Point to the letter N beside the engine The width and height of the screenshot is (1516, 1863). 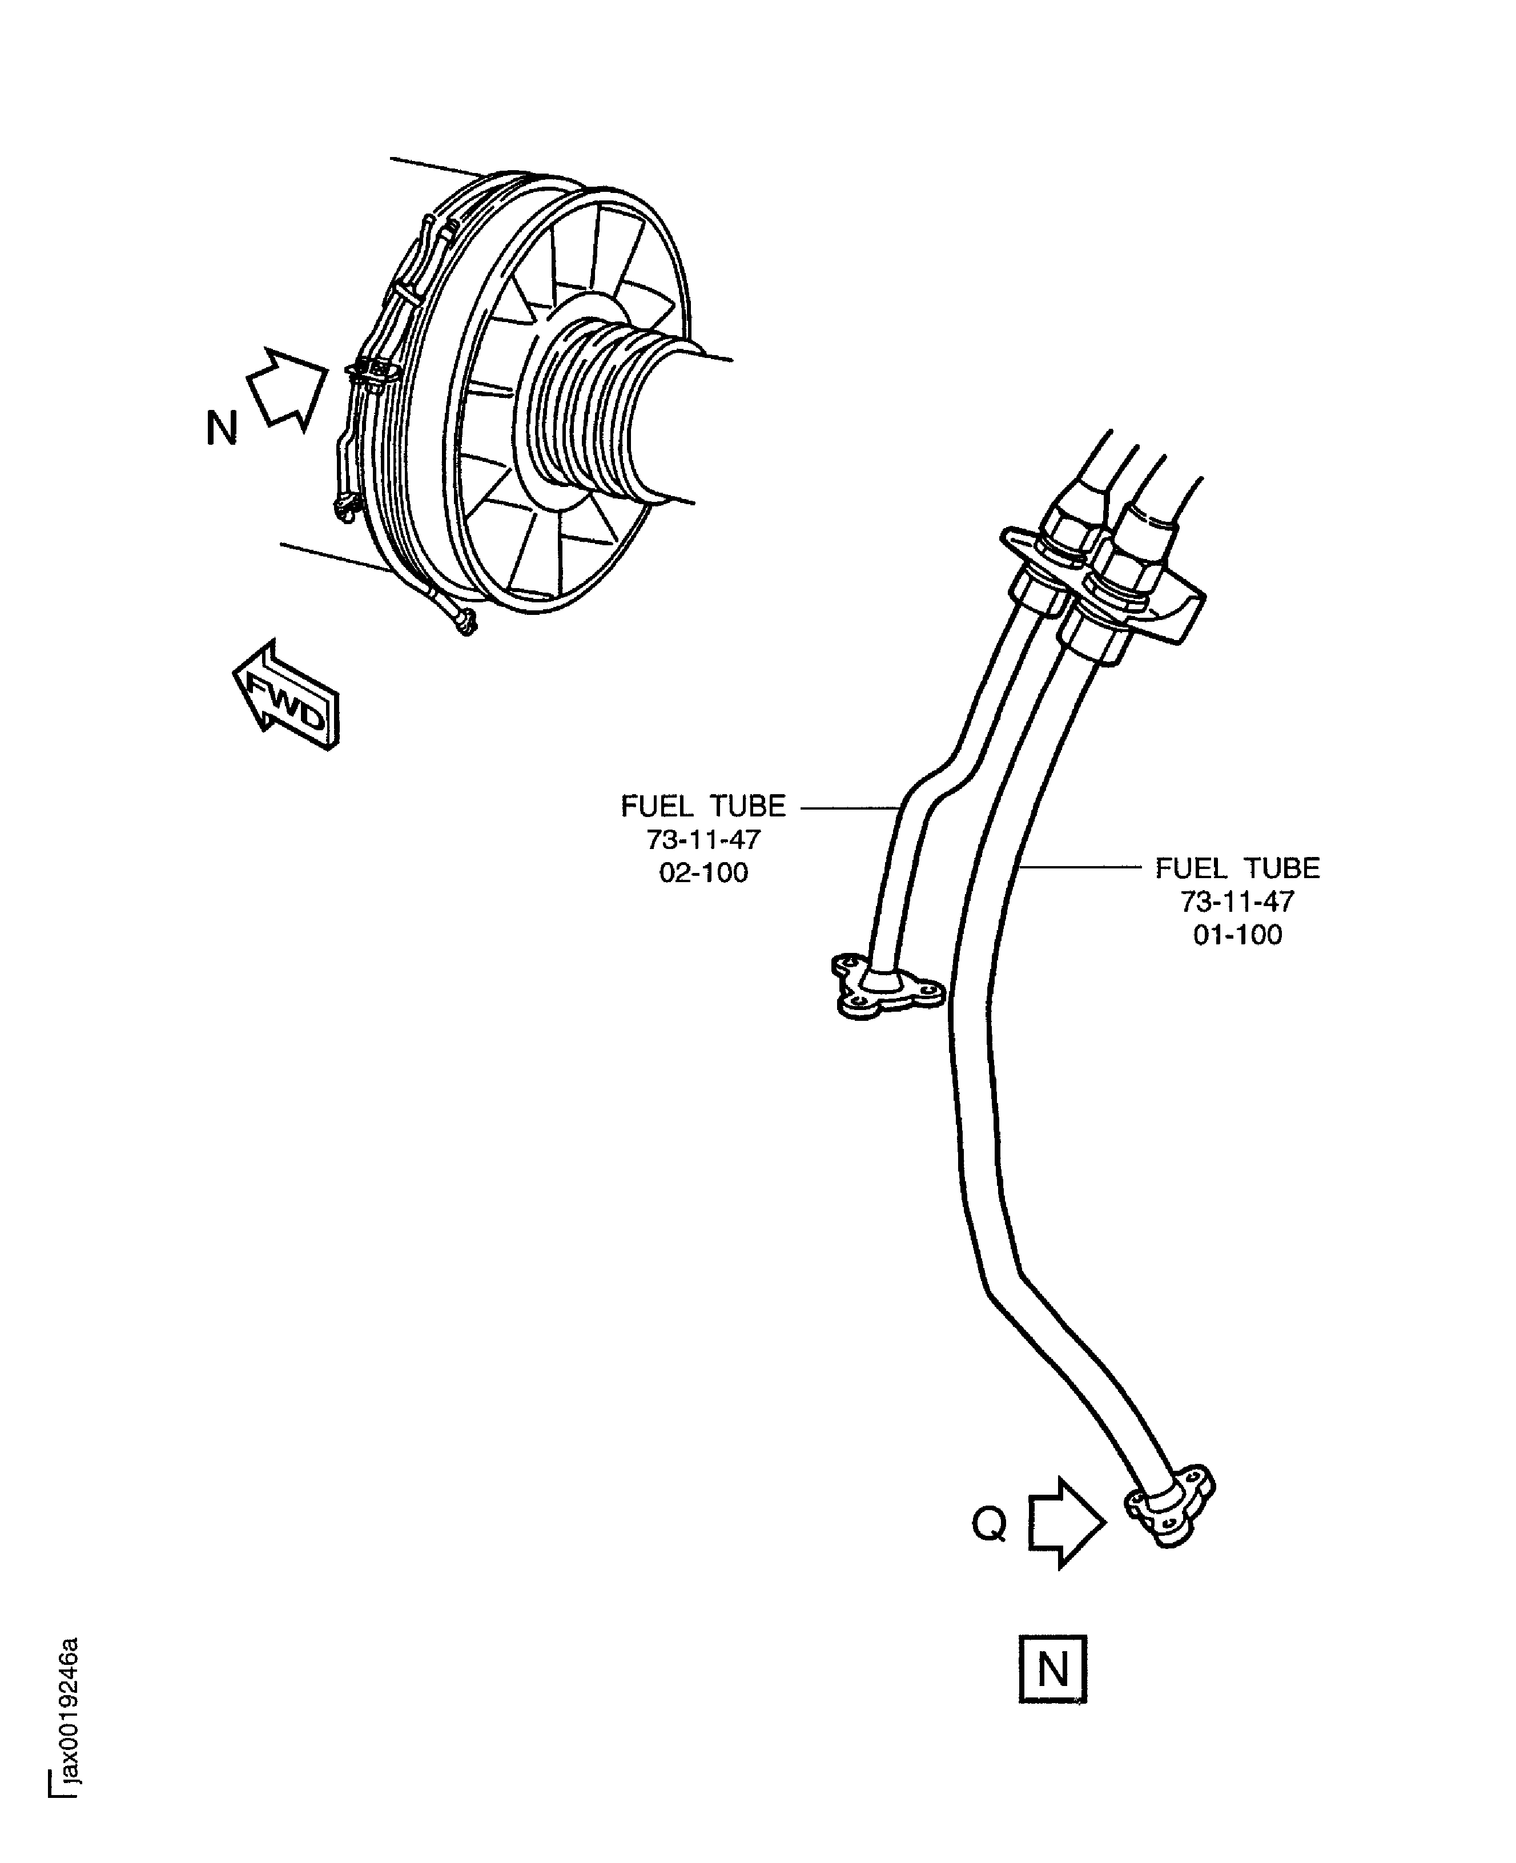click(222, 429)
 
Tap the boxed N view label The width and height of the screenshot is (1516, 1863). click(1052, 1668)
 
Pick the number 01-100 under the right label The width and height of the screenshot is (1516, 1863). click(1237, 935)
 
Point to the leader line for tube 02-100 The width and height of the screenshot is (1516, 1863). click(847, 807)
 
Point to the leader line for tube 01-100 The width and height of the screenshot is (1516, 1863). click(1081, 867)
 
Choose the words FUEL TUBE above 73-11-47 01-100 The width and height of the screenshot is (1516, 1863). click(1237, 868)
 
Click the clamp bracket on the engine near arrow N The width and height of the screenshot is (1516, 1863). click(374, 373)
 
